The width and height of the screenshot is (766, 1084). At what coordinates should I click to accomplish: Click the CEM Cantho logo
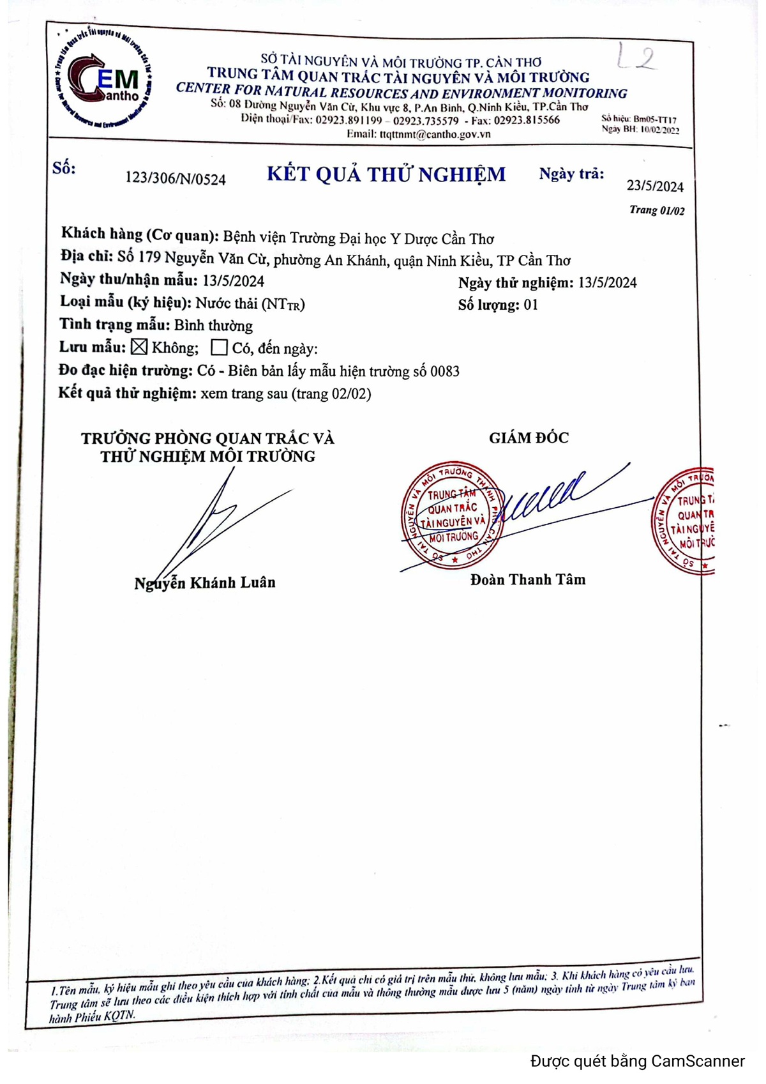103,79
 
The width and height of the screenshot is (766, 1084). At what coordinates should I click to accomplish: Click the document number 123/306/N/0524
176,178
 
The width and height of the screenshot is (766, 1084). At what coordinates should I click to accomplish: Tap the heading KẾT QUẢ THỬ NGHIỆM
386,174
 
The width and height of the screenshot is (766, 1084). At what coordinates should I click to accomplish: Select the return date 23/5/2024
655,186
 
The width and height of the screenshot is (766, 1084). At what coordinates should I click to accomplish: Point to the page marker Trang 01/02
657,210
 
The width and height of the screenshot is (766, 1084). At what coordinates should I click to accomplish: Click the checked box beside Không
139,347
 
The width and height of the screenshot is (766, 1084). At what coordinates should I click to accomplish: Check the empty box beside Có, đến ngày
219,347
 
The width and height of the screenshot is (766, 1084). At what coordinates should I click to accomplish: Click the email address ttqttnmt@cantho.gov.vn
435,134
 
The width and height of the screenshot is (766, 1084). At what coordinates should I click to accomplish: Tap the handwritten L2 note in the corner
636,57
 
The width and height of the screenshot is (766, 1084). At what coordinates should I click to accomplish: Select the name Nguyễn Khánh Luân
205,583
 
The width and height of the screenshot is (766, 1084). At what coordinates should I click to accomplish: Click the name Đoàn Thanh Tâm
528,579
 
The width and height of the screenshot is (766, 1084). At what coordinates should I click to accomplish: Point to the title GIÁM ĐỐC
529,438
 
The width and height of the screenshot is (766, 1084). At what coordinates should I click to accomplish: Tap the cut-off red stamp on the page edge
684,521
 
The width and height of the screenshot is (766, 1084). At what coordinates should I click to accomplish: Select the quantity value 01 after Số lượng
530,305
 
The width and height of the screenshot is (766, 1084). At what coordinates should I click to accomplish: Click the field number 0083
444,371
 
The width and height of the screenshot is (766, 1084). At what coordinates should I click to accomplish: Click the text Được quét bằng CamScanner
637,1061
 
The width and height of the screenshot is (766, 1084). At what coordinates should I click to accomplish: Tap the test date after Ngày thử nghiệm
607,283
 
